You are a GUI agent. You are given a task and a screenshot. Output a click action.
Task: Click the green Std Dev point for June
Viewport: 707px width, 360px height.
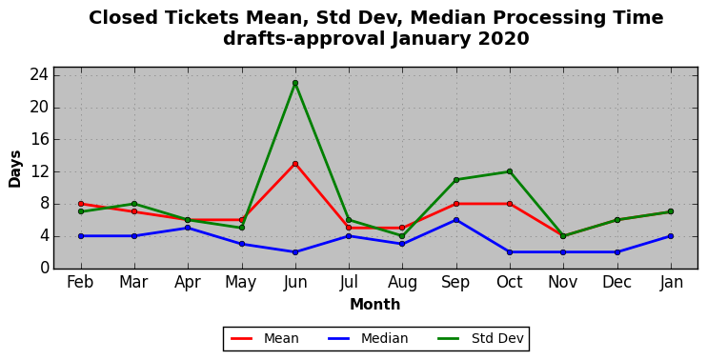pos(295,83)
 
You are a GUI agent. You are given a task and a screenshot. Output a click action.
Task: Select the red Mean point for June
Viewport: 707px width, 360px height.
pos(295,164)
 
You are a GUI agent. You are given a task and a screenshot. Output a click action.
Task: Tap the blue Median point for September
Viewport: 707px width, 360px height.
pos(456,220)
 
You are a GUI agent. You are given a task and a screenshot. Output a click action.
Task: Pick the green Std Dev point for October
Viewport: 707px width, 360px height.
pos(510,171)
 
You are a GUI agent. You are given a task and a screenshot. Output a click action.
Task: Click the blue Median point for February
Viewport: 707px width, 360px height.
pos(81,236)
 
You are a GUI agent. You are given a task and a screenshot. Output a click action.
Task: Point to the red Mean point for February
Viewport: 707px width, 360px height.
pos(81,204)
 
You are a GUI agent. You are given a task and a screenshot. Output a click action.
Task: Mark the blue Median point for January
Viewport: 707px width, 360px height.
pos(671,236)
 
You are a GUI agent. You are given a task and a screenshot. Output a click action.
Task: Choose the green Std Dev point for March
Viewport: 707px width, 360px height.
pos(134,204)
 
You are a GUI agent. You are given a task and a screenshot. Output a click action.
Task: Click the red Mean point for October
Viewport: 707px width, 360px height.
pos(510,204)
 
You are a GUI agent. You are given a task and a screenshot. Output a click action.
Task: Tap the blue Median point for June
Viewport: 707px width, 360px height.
pos(295,252)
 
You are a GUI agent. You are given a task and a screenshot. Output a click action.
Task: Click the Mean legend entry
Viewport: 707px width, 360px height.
pos(265,338)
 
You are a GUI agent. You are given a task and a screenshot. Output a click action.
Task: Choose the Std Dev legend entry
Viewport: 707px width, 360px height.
pos(480,338)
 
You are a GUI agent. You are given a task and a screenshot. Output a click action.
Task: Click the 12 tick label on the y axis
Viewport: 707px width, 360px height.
pos(40,171)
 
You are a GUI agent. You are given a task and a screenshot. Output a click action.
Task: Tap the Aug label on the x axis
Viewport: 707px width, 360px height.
pos(402,283)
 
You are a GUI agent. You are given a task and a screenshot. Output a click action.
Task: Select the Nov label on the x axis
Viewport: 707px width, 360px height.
pos(563,282)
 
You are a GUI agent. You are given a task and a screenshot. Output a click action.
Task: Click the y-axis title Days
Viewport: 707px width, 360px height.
pos(15,169)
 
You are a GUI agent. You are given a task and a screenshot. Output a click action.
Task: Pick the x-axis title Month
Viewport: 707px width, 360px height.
pos(375,304)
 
